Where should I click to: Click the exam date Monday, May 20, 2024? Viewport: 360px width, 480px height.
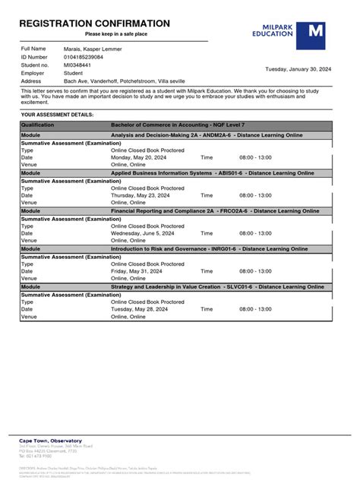tap(138, 158)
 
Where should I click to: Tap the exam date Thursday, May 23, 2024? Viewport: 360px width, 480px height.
tap(141, 195)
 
